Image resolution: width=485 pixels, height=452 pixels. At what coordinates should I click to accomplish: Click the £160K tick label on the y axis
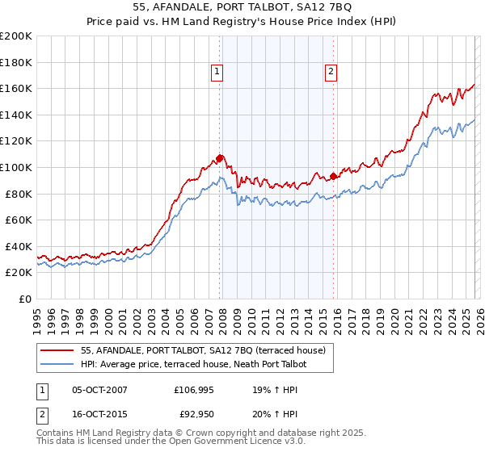16,88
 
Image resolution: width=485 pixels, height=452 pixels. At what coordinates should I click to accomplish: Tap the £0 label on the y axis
25,299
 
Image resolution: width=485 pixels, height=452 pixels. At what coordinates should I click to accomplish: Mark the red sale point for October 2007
219,158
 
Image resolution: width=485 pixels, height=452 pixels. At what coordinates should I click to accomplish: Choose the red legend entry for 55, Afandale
203,350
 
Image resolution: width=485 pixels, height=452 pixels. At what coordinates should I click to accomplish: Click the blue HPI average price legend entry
195,365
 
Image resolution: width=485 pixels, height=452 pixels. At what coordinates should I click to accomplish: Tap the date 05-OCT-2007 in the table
100,390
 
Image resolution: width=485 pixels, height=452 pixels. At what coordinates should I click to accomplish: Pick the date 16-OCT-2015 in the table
100,414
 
